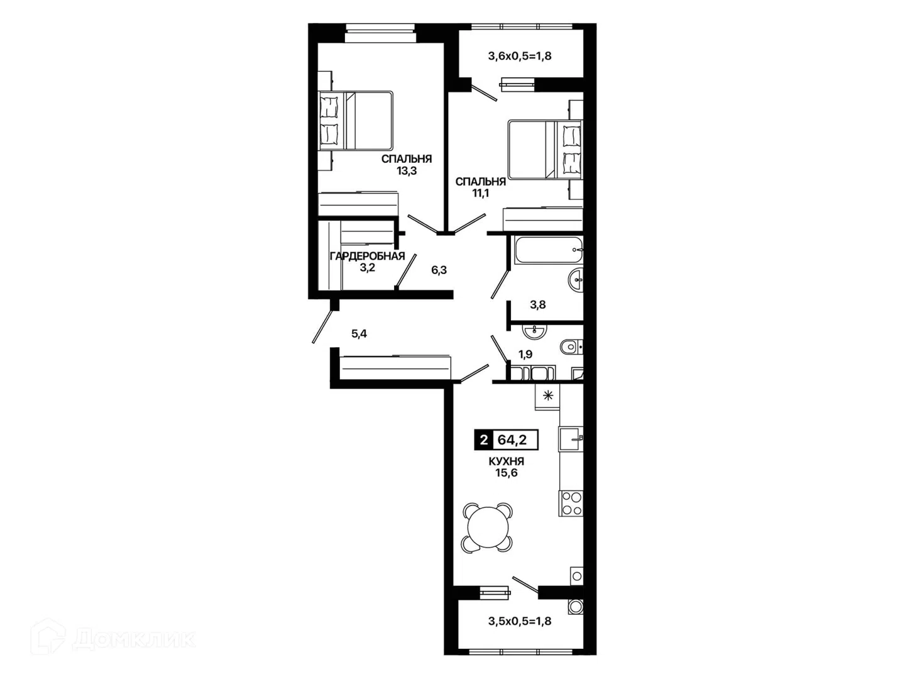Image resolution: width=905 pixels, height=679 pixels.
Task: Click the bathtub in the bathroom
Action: (x=549, y=250)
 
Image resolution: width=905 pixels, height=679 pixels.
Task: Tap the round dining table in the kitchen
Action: (x=488, y=526)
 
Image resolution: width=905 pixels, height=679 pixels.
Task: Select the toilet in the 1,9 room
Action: (x=572, y=346)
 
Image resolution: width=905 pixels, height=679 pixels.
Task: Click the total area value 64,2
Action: (x=512, y=440)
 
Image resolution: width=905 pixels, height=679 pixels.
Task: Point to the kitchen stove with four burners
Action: (x=571, y=503)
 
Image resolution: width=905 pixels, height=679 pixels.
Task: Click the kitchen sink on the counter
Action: (x=571, y=439)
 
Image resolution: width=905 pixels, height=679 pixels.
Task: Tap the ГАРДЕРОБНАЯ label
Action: (x=368, y=256)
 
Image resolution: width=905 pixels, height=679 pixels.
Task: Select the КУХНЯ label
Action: (x=507, y=461)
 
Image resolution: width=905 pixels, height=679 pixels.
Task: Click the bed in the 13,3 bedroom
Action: (x=356, y=120)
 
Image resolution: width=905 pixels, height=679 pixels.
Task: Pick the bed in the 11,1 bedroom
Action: (x=545, y=149)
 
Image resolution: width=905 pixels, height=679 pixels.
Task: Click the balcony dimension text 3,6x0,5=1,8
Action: (x=520, y=56)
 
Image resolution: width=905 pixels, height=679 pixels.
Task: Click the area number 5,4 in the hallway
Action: (x=359, y=334)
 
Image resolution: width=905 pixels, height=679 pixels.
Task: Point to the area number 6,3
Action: (x=439, y=270)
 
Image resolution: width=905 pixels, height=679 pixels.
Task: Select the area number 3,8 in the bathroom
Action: (x=537, y=305)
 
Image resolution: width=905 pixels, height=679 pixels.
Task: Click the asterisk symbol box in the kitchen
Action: (x=547, y=397)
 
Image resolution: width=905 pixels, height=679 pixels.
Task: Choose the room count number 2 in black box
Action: (x=484, y=440)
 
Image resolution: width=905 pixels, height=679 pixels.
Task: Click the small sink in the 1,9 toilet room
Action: (x=534, y=331)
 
